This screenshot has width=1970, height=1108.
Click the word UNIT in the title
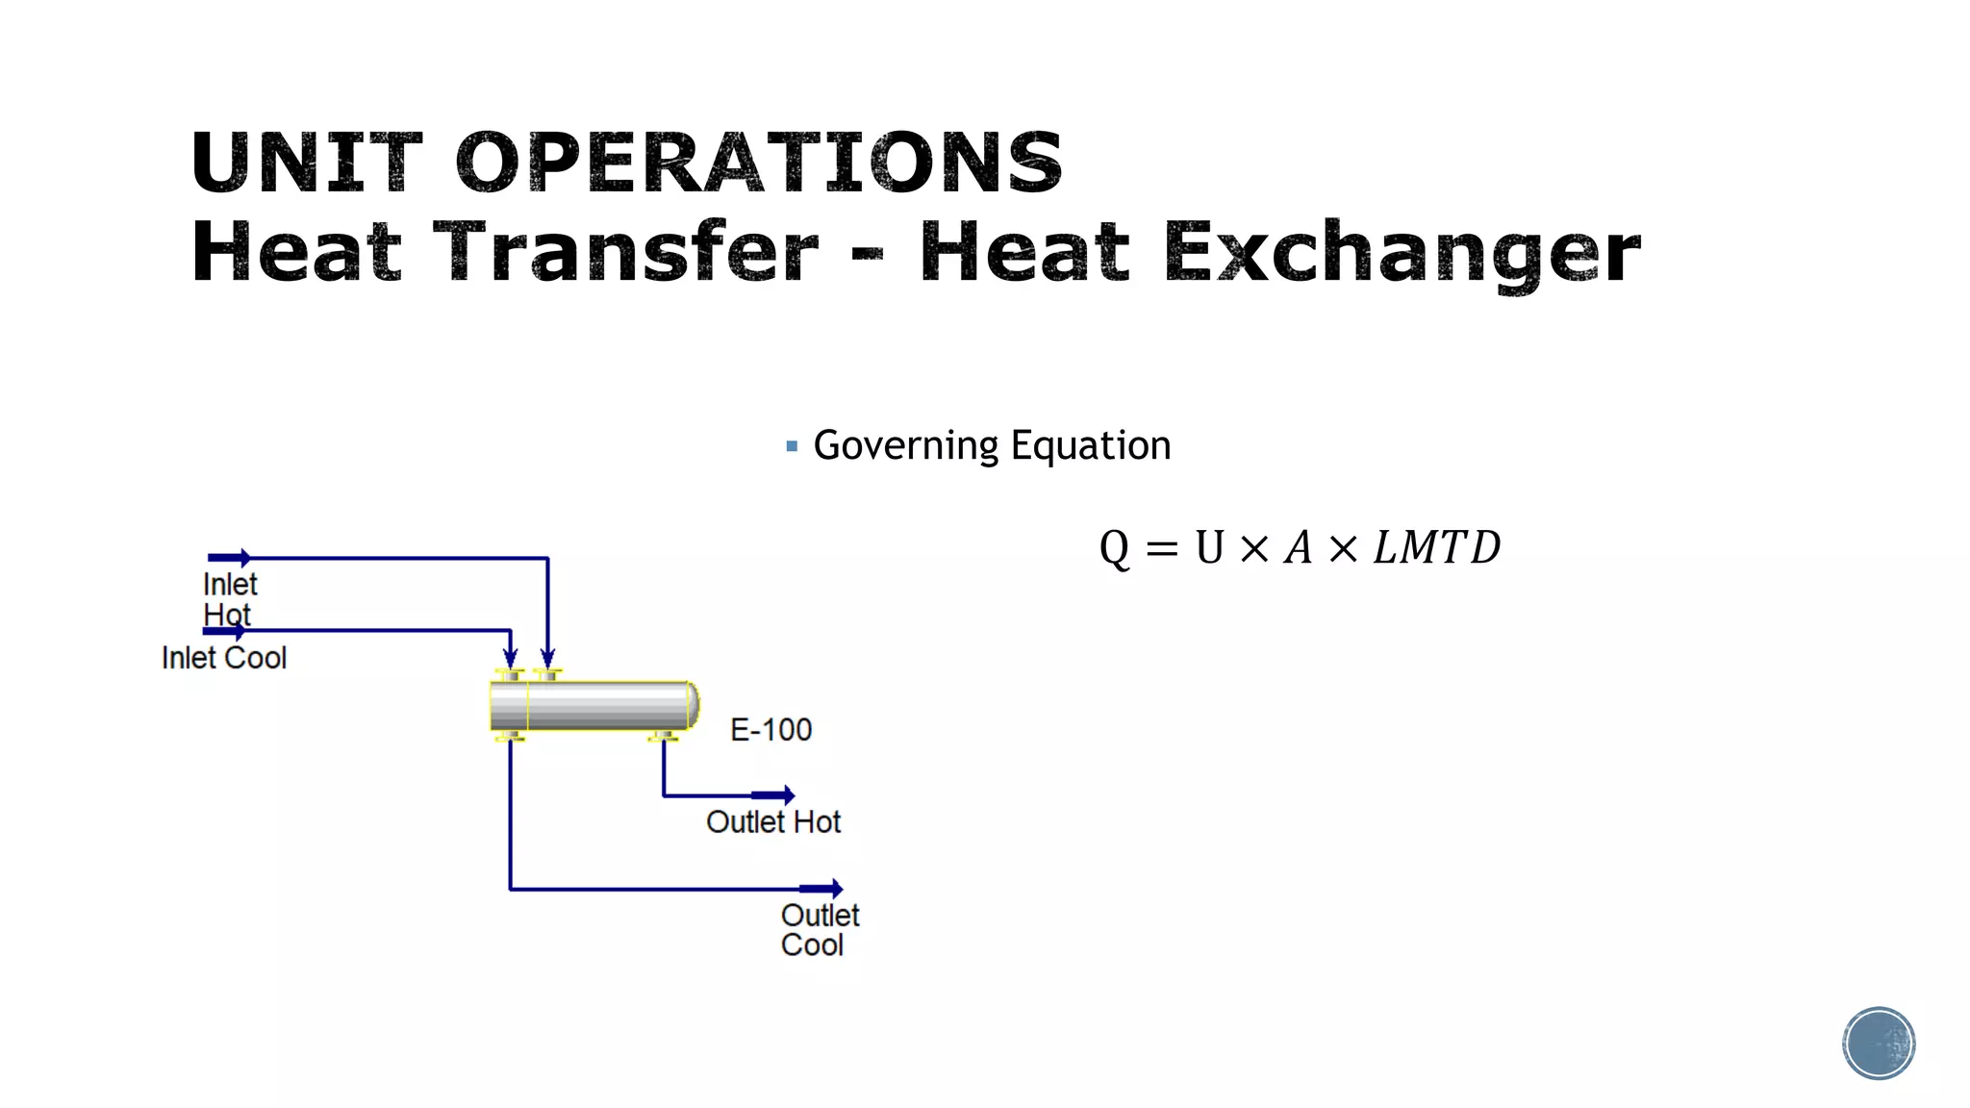(x=306, y=162)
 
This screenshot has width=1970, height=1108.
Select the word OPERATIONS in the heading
(x=759, y=162)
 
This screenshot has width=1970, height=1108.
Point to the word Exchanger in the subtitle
(x=1402, y=252)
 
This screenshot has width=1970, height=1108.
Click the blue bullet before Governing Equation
(x=792, y=446)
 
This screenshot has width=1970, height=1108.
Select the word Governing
(x=906, y=446)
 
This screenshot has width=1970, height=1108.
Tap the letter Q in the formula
(x=1114, y=548)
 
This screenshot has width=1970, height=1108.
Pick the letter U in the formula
(x=1209, y=548)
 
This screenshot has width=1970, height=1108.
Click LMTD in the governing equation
(x=1436, y=548)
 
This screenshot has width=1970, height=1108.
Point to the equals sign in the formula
(x=1162, y=549)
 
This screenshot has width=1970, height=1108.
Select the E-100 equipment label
(x=770, y=730)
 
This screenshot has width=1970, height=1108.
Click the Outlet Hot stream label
(x=772, y=822)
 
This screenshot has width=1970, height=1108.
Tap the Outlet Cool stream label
(x=819, y=930)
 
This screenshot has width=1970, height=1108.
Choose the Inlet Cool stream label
(x=224, y=658)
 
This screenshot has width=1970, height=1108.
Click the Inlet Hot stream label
(x=229, y=599)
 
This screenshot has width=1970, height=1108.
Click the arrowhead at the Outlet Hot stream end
(x=788, y=795)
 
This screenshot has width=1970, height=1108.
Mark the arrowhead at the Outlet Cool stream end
(x=836, y=889)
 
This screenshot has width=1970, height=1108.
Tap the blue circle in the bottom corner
(x=1878, y=1044)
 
